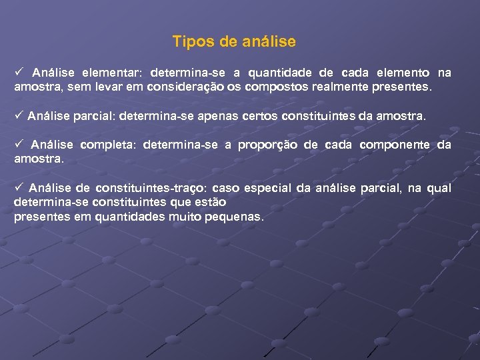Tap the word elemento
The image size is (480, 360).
pyautogui.click(x=403, y=73)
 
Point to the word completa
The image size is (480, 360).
pyautogui.click(x=107, y=145)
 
